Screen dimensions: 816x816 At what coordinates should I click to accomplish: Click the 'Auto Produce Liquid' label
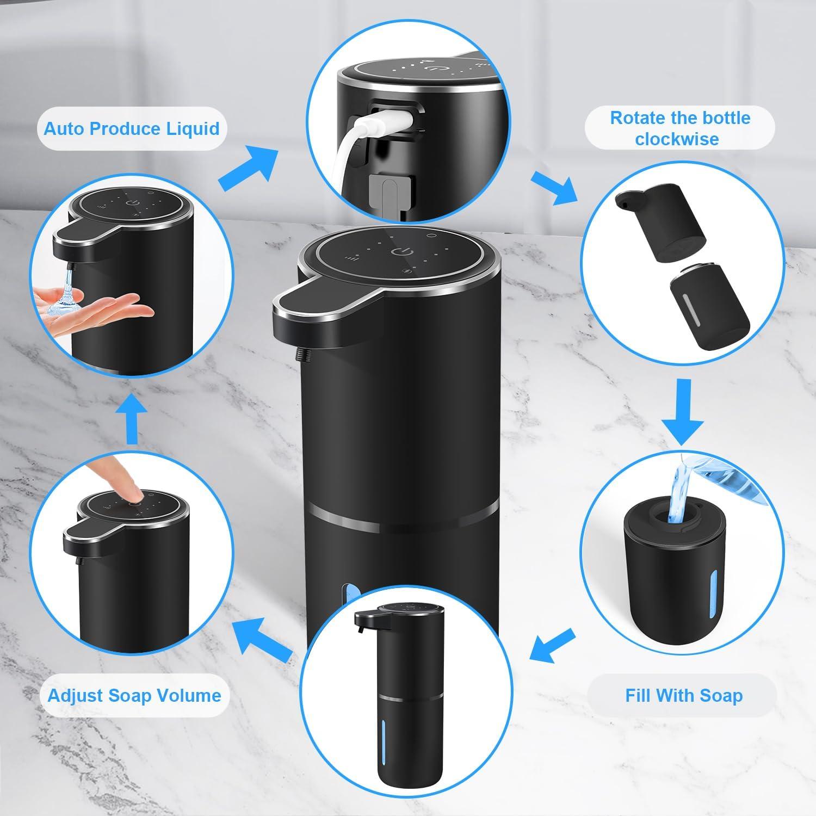tap(131, 129)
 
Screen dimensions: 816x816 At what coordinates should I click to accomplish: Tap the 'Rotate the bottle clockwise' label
tap(679, 128)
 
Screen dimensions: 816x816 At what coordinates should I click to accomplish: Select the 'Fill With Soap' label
tap(683, 695)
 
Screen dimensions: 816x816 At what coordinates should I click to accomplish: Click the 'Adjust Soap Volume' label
tap(134, 695)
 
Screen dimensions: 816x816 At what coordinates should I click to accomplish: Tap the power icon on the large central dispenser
tap(399, 252)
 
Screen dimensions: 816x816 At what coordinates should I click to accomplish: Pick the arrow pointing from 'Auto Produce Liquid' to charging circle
tap(248, 165)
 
